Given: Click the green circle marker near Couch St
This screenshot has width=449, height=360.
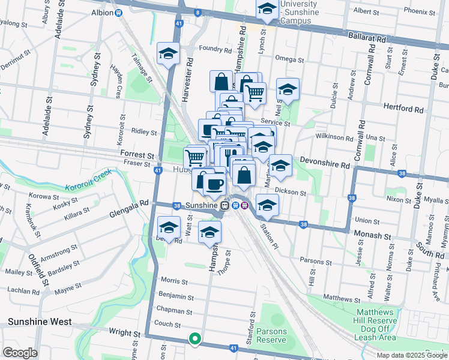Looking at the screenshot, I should click(194, 339).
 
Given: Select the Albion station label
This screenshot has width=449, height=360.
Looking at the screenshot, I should click(103, 12).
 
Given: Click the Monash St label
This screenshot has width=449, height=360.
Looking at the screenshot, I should click(372, 235).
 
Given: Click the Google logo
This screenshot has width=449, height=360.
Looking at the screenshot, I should click(19, 353).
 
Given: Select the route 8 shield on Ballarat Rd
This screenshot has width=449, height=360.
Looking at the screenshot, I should click(197, 12).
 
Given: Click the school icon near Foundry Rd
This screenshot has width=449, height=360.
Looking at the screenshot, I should click(168, 53).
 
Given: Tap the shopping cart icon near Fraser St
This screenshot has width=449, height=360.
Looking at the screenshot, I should click(196, 158).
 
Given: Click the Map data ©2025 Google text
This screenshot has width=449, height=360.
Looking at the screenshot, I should click(411, 355).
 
